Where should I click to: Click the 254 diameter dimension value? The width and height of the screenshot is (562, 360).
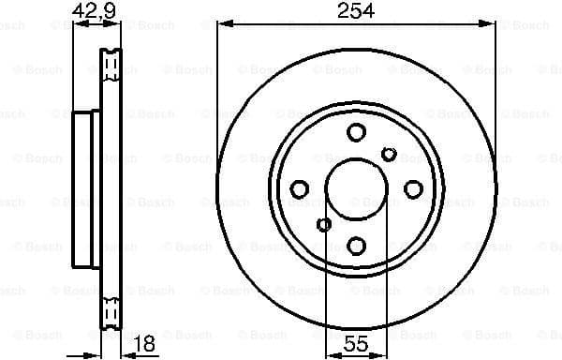tap(357, 10)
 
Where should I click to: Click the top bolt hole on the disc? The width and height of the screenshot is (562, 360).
tap(356, 132)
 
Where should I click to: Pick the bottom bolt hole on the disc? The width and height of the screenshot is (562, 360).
tap(356, 246)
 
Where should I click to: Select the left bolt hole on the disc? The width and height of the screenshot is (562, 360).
tap(300, 189)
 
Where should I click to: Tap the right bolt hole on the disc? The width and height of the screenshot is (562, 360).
tap(412, 189)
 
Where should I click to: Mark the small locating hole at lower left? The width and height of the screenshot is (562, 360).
tap(324, 224)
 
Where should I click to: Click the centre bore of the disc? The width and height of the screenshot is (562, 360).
tap(356, 189)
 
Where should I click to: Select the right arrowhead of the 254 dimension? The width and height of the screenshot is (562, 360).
tap(490, 25)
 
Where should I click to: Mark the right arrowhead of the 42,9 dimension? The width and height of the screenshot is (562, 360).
tap(118, 25)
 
